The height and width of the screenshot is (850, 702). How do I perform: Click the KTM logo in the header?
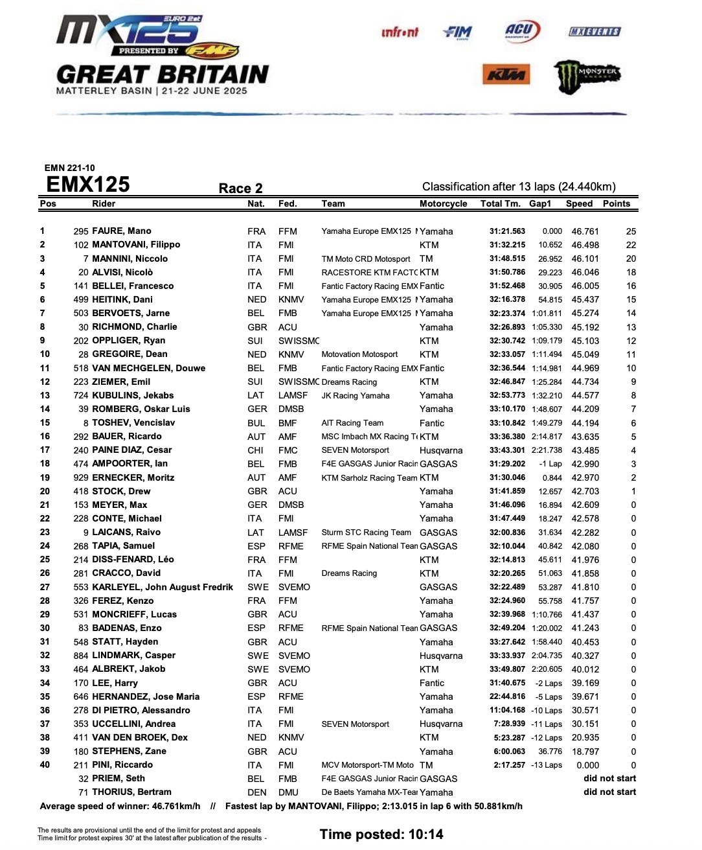click(506, 75)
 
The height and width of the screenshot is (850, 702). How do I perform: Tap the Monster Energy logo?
click(587, 76)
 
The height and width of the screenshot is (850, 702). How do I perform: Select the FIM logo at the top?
click(458, 32)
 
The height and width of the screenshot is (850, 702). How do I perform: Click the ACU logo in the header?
click(521, 30)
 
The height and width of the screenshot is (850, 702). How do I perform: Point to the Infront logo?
click(400, 32)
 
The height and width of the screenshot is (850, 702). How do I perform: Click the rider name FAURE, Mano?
click(122, 231)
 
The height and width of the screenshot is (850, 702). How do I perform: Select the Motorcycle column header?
click(443, 203)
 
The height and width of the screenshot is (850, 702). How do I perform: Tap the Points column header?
click(616, 203)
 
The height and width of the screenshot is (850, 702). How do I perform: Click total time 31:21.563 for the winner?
click(507, 231)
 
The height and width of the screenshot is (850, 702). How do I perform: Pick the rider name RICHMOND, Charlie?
click(134, 327)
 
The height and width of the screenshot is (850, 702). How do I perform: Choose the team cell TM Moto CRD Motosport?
click(365, 259)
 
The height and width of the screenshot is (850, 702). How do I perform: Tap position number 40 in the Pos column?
click(45, 764)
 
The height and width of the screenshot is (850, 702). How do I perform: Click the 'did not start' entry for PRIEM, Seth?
click(609, 778)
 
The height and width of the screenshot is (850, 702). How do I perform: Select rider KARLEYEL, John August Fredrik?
click(163, 587)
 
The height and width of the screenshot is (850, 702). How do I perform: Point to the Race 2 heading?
click(240, 189)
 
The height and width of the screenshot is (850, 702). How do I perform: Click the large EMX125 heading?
click(88, 185)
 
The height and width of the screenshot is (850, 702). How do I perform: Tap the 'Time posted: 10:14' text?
click(381, 834)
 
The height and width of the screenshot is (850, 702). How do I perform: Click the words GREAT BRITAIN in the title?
click(163, 75)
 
